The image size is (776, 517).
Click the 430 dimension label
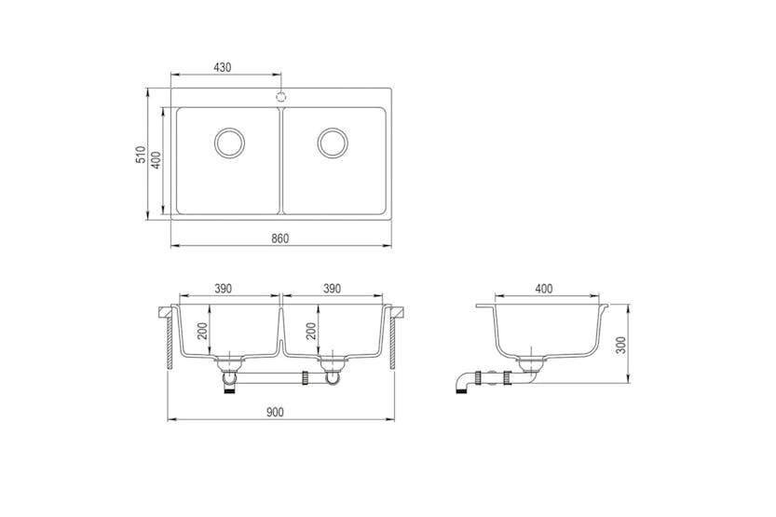[x=223, y=67]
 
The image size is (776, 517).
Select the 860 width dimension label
[x=280, y=238]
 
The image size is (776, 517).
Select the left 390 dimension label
[x=224, y=290]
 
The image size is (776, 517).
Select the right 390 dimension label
[x=332, y=290]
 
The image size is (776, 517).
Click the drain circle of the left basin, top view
[x=228, y=143]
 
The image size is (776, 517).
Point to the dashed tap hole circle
[x=280, y=95]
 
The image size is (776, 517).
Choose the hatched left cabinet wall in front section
[x=169, y=342]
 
